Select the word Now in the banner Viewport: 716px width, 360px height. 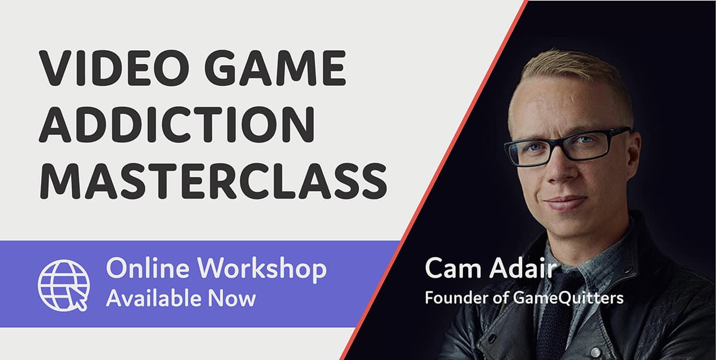pyautogui.click(x=236, y=297)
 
